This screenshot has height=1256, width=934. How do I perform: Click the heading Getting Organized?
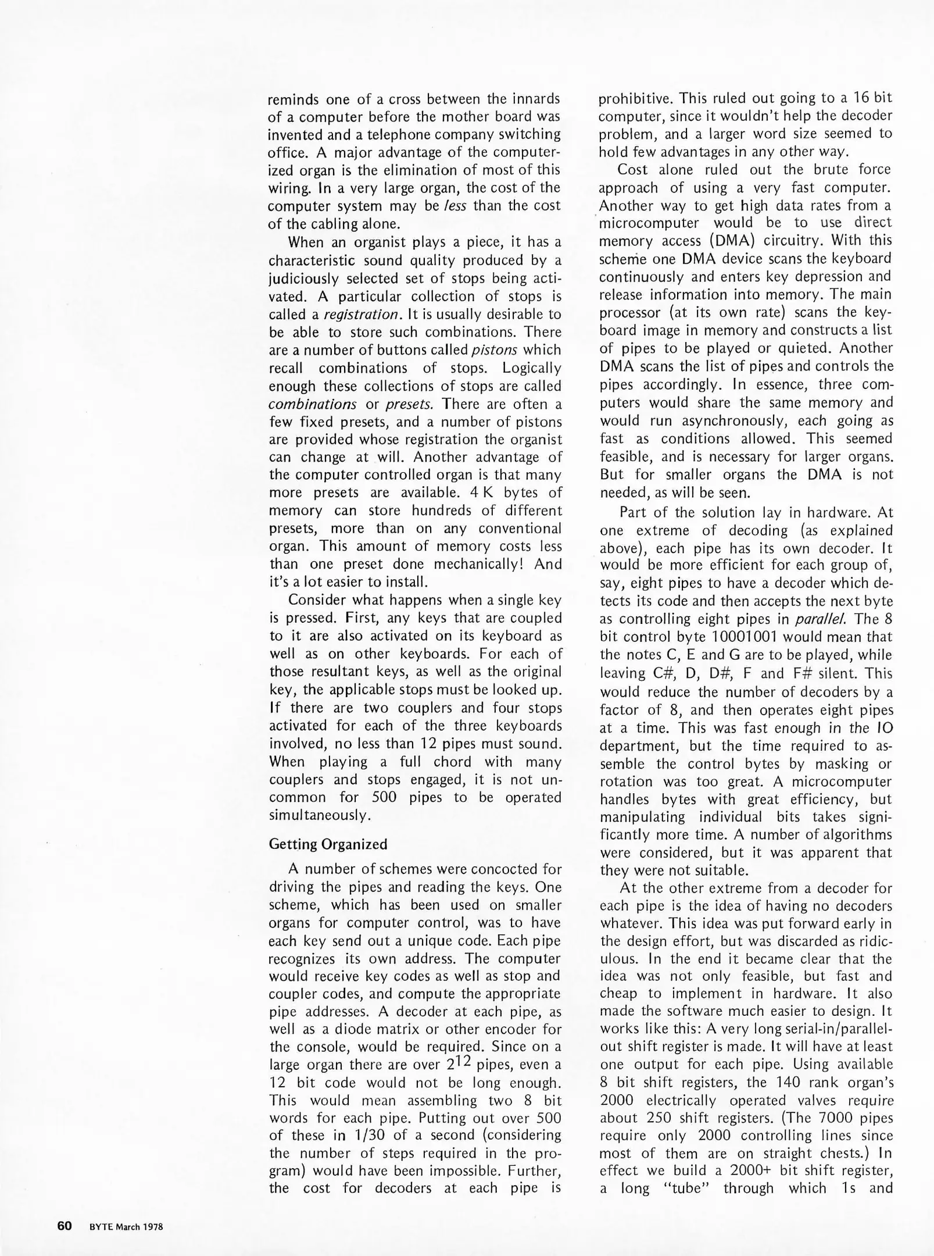pos(328,844)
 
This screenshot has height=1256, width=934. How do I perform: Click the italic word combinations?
pos(313,404)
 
